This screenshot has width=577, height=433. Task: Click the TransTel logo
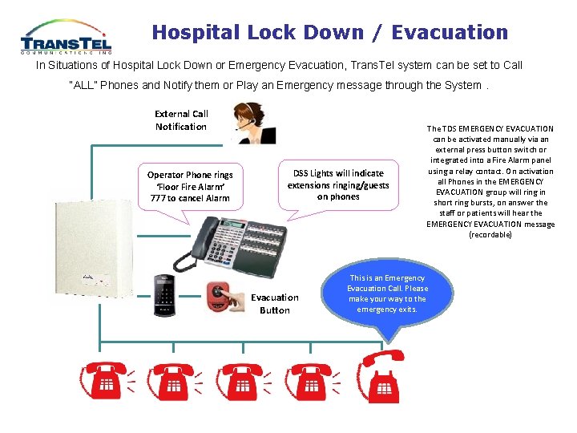coord(67,37)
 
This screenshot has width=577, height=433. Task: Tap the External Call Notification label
coord(181,120)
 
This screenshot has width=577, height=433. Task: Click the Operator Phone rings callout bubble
coord(190,186)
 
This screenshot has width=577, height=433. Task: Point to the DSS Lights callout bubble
coord(338,184)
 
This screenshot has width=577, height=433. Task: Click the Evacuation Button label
coord(275,304)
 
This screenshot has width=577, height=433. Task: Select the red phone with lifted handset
coord(383,377)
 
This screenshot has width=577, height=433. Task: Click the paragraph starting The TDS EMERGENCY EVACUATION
coord(490,181)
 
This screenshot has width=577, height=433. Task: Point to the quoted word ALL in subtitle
coord(83,85)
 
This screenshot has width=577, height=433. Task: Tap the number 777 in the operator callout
coord(158,198)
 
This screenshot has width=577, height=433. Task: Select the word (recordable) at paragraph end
coord(490,235)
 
